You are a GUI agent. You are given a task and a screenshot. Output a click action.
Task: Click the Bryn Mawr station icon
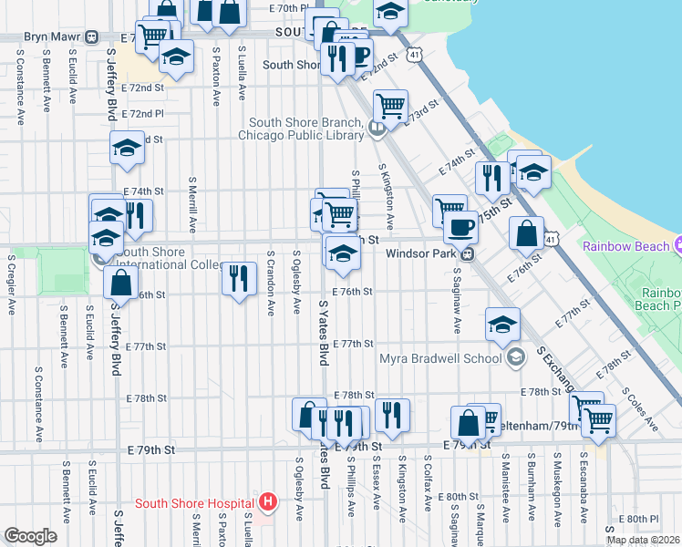pyautogui.click(x=91, y=37)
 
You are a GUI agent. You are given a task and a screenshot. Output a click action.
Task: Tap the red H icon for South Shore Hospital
pyautogui.click(x=267, y=501)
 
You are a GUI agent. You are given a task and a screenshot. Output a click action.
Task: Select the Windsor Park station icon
pyautogui.click(x=467, y=253)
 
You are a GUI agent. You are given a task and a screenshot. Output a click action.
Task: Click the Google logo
pyautogui.click(x=30, y=537)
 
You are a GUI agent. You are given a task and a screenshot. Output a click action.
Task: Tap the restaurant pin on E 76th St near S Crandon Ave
pyautogui.click(x=238, y=277)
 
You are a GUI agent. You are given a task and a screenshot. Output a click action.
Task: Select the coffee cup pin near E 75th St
pyautogui.click(x=460, y=225)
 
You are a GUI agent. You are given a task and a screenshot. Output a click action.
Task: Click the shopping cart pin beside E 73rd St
pyautogui.click(x=390, y=105)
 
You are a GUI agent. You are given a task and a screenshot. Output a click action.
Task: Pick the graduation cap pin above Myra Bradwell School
pyautogui.click(x=502, y=325)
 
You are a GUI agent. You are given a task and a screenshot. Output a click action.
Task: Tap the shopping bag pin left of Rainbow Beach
pyautogui.click(x=526, y=232)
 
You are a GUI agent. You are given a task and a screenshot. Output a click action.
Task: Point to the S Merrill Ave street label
pyautogui.click(x=192, y=205)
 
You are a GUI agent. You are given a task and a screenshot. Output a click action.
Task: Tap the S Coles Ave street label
pyautogui.click(x=640, y=408)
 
